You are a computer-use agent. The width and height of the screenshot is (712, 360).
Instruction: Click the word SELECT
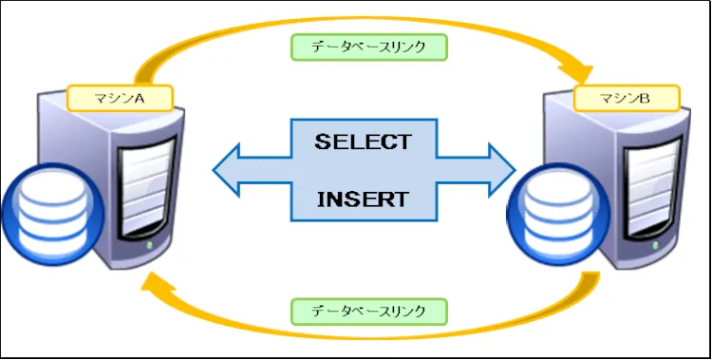click(x=363, y=142)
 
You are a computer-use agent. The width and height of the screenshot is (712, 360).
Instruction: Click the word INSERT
click(x=363, y=199)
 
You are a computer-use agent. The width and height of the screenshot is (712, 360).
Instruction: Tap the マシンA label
click(x=120, y=97)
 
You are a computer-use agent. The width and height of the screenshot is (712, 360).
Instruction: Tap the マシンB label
click(x=627, y=97)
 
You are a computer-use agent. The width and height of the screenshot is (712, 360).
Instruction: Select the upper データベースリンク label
click(x=369, y=46)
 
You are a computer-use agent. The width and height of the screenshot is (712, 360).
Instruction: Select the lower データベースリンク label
click(x=369, y=311)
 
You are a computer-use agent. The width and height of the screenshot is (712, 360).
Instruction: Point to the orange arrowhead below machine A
click(x=152, y=284)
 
